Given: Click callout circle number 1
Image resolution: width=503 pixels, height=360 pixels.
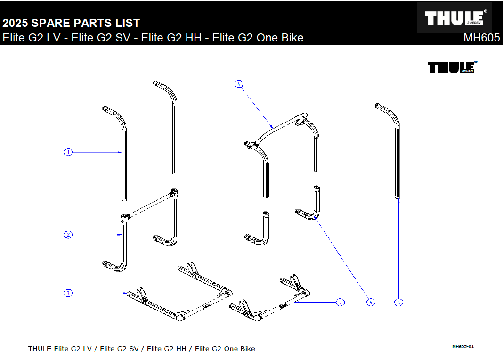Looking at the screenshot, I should tap(68, 152).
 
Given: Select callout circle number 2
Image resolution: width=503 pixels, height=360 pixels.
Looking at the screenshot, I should tap(68, 234).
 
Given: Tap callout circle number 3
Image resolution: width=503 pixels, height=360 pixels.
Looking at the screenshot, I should tap(68, 293).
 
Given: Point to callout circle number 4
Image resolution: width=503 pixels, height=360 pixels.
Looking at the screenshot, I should tap(239, 84).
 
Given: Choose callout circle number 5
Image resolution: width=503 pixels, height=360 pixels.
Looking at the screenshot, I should tap(371, 302).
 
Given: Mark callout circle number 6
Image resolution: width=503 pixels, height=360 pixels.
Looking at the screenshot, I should tap(399, 302).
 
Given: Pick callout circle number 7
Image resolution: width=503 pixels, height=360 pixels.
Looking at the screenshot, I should tap(341, 302).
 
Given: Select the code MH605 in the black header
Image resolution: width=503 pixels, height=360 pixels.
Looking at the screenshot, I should tap(481, 38).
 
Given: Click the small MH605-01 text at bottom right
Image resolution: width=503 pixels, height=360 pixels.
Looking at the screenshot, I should tap(462, 347).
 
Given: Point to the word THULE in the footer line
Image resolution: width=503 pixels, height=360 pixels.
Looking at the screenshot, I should tap(40, 349).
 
